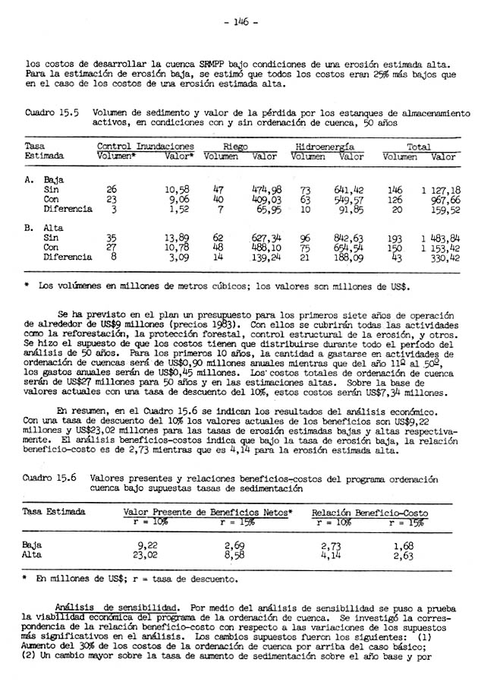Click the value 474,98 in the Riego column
pos(266,189)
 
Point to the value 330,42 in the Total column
pos(443,257)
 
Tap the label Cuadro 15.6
pos(52,479)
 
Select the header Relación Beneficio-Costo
pos(370,513)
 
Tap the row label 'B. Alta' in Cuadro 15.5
pos(46,227)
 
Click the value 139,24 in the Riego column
pos(266,257)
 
